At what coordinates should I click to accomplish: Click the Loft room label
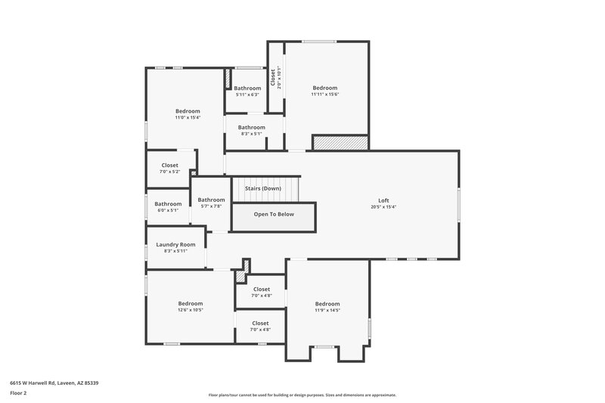click(x=383, y=200)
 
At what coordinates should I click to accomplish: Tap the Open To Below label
click(x=274, y=214)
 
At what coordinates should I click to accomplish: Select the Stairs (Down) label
click(x=262, y=188)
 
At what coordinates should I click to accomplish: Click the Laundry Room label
click(x=175, y=244)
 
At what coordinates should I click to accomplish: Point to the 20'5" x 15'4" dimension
click(x=383, y=207)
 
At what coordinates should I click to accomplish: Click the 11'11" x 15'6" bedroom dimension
click(x=325, y=95)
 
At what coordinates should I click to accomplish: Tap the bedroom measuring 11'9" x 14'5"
click(x=327, y=303)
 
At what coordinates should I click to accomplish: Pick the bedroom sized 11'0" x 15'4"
click(x=188, y=111)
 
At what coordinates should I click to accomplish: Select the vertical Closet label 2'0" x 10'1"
click(x=275, y=78)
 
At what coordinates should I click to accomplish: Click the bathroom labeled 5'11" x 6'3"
click(x=247, y=88)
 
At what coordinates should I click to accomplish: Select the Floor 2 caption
click(x=18, y=393)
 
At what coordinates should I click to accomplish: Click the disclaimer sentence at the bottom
click(x=302, y=395)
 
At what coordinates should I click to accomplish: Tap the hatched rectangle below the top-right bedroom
click(x=340, y=142)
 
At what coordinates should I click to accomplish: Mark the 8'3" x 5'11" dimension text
click(x=175, y=251)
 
